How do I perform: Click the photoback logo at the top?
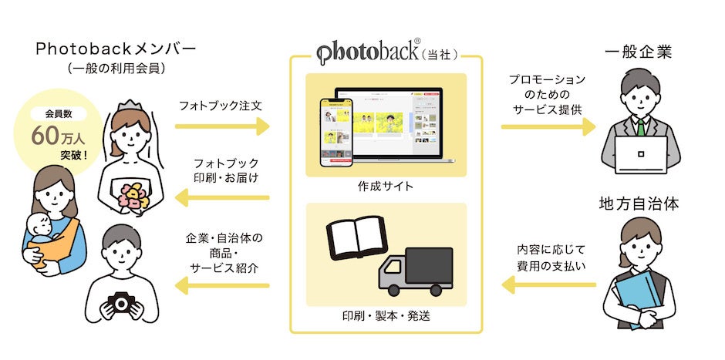pos(369,53)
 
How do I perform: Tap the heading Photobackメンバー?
pos(115,49)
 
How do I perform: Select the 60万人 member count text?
pos(59,136)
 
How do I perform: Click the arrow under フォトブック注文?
pos(223,126)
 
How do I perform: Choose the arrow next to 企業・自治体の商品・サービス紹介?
pos(223,286)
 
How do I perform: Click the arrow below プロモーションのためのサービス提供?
pos(548,126)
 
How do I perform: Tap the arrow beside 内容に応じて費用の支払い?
pos(548,286)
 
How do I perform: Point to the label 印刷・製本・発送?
pos(386,316)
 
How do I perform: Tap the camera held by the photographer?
pos(122,303)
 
